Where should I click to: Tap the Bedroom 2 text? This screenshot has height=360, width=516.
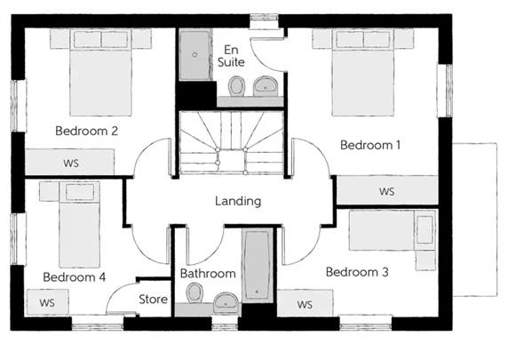(x=87, y=131)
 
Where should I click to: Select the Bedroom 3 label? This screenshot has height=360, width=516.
(x=356, y=272)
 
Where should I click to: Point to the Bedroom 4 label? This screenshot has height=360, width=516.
(x=74, y=277)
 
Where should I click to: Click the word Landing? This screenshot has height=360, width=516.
(x=238, y=201)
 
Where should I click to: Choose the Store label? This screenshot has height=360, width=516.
(x=153, y=300)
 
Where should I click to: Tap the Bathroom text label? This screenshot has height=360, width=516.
(x=208, y=274)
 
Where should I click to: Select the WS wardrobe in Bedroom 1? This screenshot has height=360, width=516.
(x=385, y=191)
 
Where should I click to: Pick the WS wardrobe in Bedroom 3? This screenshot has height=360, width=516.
(x=306, y=304)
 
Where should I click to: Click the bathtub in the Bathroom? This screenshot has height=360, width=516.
(x=258, y=265)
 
